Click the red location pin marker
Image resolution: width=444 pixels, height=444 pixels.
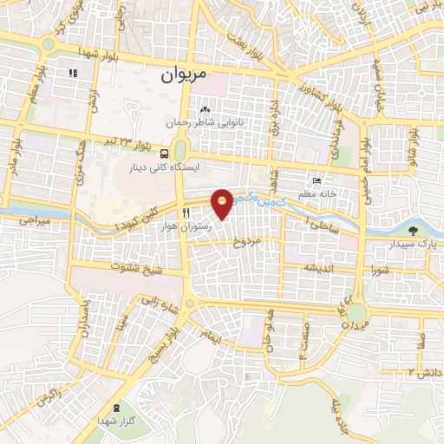click(223, 203)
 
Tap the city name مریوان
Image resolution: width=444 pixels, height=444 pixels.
click(185, 75)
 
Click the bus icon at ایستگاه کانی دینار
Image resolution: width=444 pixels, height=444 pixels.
click(165, 153)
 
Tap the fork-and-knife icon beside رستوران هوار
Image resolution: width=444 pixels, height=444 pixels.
click(185, 212)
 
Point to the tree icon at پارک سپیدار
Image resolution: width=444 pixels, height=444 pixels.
click(413, 230)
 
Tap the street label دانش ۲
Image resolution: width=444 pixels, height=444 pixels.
click(422, 371)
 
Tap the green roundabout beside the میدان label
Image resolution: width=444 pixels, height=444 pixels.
click(358, 313)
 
